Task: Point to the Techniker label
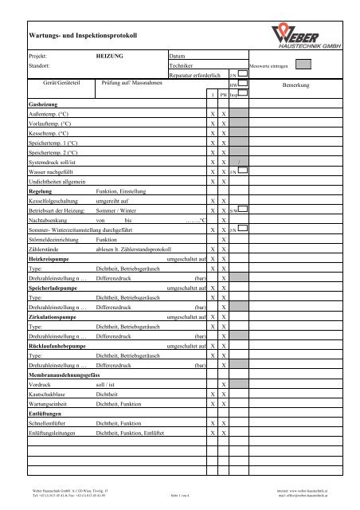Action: (x=184, y=67)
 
